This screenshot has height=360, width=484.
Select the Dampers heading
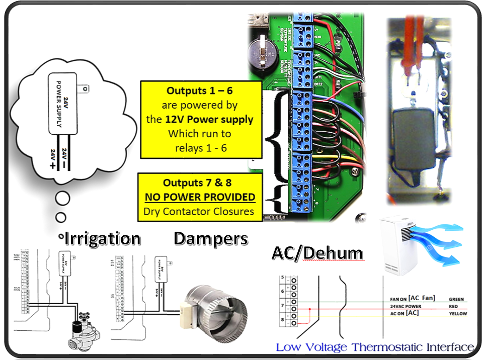[x=211, y=239]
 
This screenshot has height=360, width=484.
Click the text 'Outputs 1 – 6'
[x=201, y=92]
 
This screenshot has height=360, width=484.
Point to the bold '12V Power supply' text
[x=218, y=120]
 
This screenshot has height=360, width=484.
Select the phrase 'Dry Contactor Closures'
[x=199, y=211]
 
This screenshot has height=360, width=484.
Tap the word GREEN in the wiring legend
[x=456, y=300]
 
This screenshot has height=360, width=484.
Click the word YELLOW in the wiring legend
[x=457, y=314]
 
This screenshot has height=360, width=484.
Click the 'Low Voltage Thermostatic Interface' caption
[x=375, y=347]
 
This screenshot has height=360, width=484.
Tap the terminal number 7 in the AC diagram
[x=282, y=305]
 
